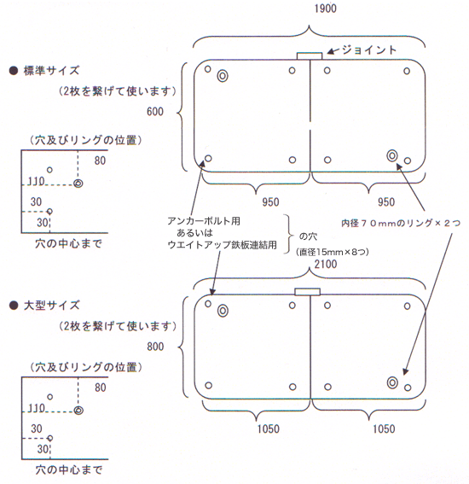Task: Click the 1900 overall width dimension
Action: click(x=325, y=9)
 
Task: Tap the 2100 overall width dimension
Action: click(x=326, y=265)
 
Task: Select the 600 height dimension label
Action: click(x=155, y=112)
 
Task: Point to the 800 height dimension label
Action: click(x=155, y=347)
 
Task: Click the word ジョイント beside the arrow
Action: click(x=368, y=50)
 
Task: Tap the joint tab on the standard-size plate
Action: click(x=310, y=55)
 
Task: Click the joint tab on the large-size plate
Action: click(x=308, y=292)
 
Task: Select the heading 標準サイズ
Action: click(x=51, y=71)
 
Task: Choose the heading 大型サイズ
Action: click(x=51, y=306)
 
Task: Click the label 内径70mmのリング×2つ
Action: click(x=401, y=223)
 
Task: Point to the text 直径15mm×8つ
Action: click(x=333, y=252)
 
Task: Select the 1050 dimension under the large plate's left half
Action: click(x=269, y=429)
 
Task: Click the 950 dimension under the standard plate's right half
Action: click(x=386, y=202)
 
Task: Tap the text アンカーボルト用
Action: click(x=204, y=221)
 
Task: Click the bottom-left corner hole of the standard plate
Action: click(x=208, y=159)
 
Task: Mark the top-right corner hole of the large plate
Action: click(x=407, y=306)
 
